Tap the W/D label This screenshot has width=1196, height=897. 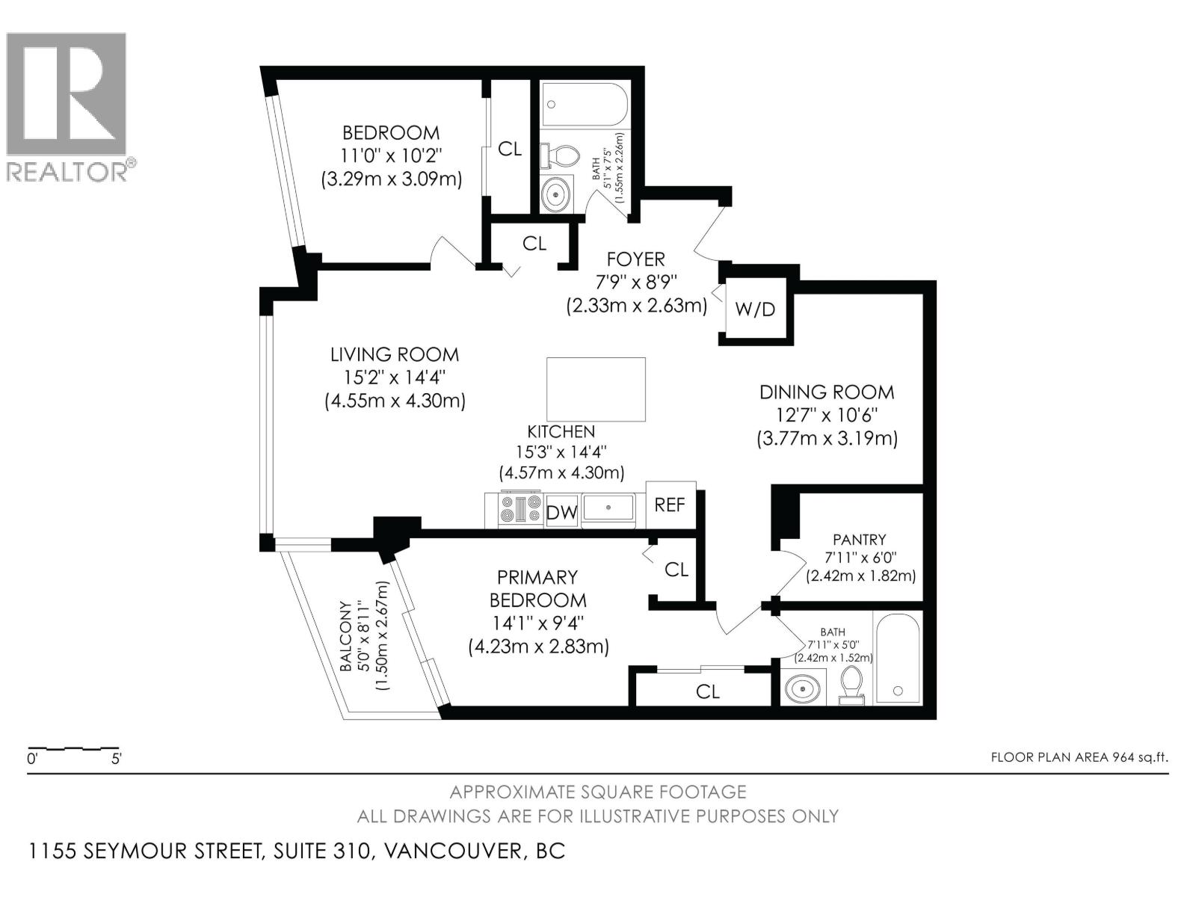click(755, 309)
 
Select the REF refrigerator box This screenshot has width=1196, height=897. click(671, 505)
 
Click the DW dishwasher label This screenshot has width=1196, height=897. click(561, 513)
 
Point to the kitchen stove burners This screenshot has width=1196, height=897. click(520, 509)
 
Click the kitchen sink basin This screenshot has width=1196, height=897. click(608, 508)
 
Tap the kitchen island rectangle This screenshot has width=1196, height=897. click(596, 389)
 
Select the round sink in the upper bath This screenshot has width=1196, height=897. click(555, 194)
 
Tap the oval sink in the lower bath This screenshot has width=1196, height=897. click(803, 689)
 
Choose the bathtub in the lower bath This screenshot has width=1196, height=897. click(898, 658)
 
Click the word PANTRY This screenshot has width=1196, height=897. click(860, 540)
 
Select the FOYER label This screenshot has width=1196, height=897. click(636, 259)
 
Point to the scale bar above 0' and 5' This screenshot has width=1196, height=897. click(73, 749)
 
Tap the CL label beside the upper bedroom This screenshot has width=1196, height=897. click(510, 149)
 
